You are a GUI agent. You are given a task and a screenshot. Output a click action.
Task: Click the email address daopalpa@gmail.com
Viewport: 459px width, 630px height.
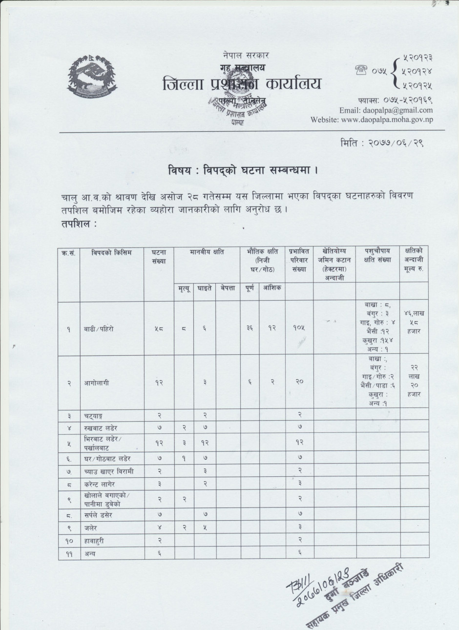point(386,110)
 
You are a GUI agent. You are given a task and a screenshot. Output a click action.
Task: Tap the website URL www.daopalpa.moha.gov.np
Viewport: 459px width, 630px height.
point(372,120)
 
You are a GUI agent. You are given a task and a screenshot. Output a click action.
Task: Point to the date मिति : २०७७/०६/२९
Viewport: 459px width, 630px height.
point(381,144)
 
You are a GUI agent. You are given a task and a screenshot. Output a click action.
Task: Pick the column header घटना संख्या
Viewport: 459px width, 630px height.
point(159,256)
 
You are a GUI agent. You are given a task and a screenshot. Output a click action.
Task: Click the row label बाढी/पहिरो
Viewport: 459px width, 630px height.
point(99,329)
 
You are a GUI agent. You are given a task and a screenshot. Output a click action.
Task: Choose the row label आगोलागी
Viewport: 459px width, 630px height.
point(96,383)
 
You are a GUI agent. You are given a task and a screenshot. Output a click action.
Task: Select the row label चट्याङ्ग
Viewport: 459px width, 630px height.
point(95,415)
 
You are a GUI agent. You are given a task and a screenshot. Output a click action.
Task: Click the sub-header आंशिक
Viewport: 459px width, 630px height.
point(272,288)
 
